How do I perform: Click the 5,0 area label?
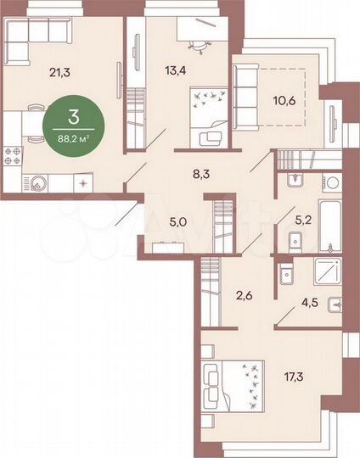[x=177, y=222]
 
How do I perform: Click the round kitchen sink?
[x=40, y=181]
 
